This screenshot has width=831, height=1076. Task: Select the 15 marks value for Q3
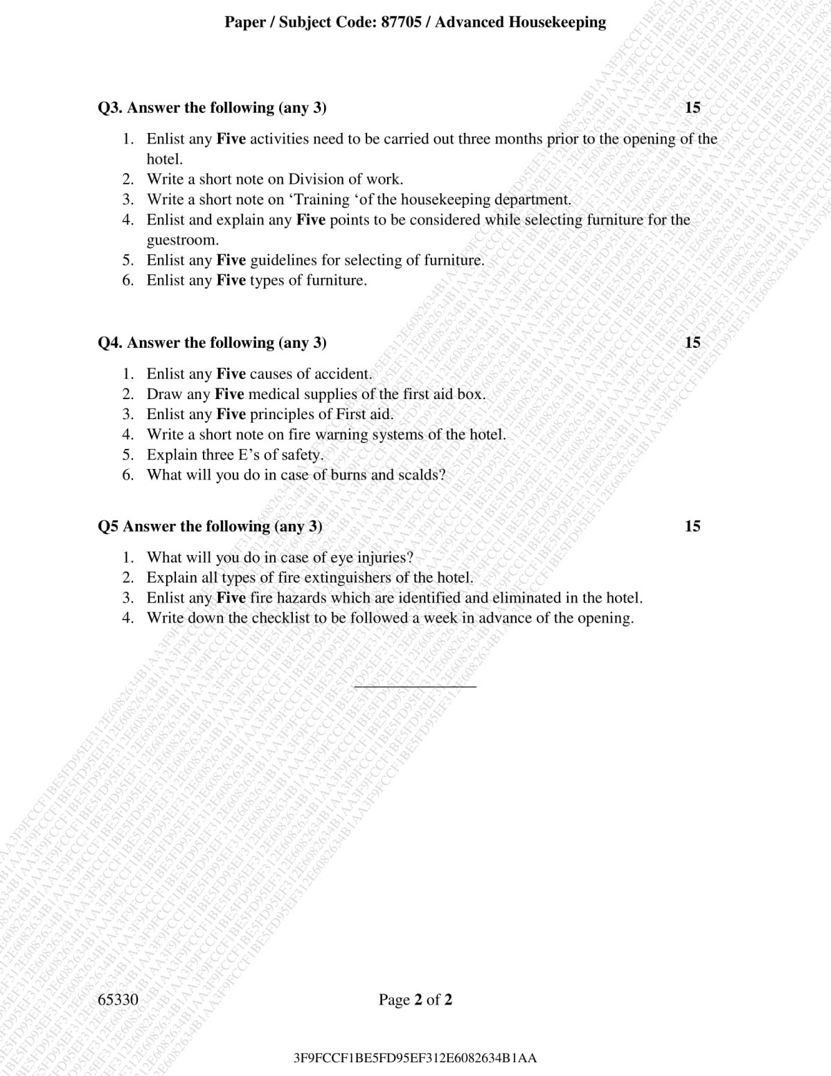point(692,107)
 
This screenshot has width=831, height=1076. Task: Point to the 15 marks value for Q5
point(692,526)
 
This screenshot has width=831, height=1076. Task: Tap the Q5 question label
point(109,526)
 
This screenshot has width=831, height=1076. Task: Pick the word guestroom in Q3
point(182,240)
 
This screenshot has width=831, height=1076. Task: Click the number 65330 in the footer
point(118,999)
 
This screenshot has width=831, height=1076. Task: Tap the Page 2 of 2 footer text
point(415,999)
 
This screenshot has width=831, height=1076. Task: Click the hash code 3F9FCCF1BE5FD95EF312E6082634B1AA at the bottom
point(415,1058)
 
